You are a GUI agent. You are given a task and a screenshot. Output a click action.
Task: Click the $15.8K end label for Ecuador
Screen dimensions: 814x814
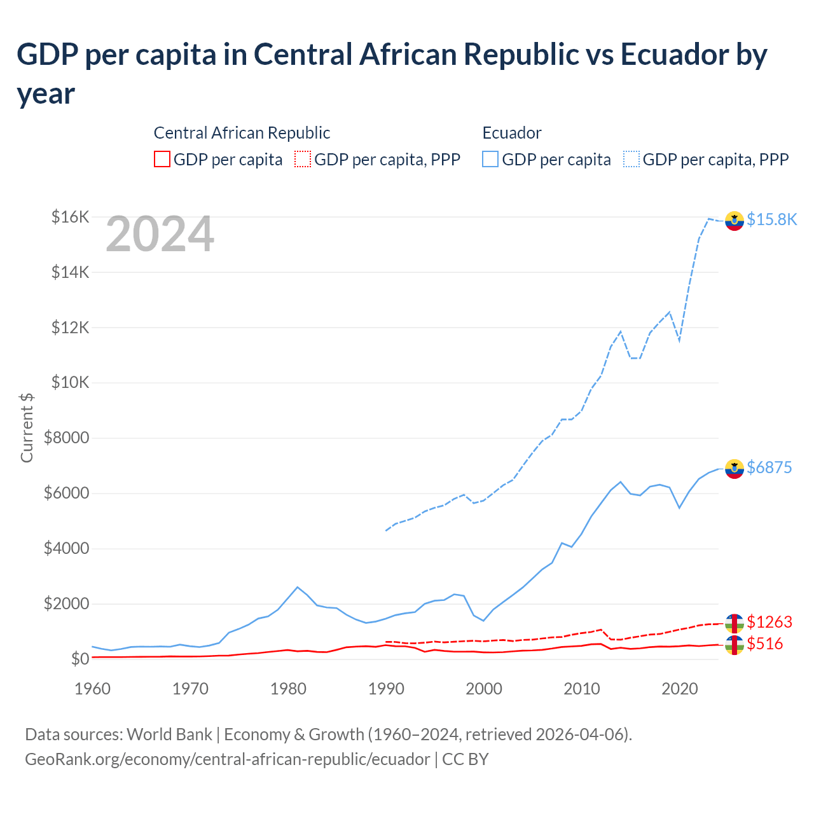point(771,219)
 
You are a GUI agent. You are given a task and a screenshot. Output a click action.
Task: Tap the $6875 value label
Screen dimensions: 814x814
point(769,467)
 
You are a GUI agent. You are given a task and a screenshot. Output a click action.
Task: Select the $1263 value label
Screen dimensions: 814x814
point(769,621)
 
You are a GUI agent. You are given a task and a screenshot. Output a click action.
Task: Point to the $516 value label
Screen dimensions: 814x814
point(764,644)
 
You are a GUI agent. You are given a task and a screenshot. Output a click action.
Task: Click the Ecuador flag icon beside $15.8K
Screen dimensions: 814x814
point(735,220)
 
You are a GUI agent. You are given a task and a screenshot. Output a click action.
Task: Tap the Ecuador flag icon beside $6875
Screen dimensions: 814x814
point(735,468)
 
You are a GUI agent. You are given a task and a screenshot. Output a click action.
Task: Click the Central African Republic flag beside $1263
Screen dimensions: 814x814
point(735,623)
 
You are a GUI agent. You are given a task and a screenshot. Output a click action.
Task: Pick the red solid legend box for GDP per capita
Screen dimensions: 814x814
point(162,159)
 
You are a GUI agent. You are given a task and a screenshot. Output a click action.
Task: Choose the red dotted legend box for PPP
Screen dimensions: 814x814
point(303,159)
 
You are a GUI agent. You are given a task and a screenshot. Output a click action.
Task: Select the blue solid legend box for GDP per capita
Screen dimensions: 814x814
point(490,159)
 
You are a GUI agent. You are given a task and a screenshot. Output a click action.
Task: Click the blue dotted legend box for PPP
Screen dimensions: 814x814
point(631,159)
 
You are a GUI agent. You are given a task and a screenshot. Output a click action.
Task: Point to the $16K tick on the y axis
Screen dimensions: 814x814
point(70,217)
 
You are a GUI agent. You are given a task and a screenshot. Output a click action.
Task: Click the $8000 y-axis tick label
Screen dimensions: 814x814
point(66,438)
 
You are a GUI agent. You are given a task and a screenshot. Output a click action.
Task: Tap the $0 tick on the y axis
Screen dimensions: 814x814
point(79,659)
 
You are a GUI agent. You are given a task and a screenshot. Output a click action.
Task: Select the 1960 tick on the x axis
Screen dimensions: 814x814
point(93,689)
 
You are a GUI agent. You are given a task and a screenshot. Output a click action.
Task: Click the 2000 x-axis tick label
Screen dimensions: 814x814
point(484,689)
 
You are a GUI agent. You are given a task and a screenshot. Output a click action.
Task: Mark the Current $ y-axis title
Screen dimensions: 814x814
point(27,427)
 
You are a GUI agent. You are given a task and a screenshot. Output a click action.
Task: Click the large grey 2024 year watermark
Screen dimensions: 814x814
point(160,234)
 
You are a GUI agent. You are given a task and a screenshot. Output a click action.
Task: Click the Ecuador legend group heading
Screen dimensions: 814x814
point(512,133)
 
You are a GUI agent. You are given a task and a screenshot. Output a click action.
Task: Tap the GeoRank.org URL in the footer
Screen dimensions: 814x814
point(227,759)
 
